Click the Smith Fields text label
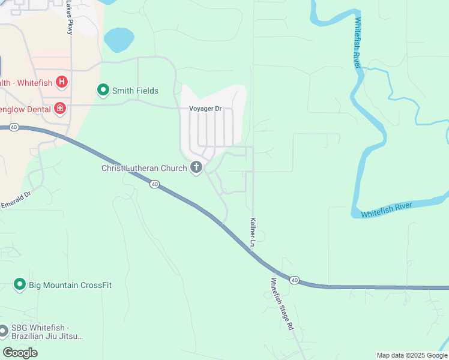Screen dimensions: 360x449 [136, 91]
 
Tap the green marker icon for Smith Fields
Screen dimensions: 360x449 [103, 91]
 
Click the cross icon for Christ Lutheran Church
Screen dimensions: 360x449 [196, 167]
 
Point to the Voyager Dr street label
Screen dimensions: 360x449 [205, 109]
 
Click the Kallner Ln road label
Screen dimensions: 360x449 [253, 233]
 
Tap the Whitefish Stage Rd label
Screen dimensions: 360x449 [282, 304]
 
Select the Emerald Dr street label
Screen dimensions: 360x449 [16, 200]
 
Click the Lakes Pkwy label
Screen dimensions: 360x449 [70, 17]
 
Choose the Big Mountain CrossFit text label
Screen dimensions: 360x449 [70, 285]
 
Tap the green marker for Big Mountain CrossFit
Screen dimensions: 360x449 [20, 284]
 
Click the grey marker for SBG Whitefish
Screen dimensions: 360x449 [4, 330]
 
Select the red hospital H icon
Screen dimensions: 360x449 [61, 81]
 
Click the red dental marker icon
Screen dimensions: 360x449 [59, 109]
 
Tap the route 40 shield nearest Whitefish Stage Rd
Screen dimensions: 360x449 [294, 280]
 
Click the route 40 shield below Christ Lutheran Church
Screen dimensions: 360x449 [155, 185]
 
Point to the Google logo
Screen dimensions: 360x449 [20, 353]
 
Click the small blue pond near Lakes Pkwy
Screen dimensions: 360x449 [119, 40]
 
